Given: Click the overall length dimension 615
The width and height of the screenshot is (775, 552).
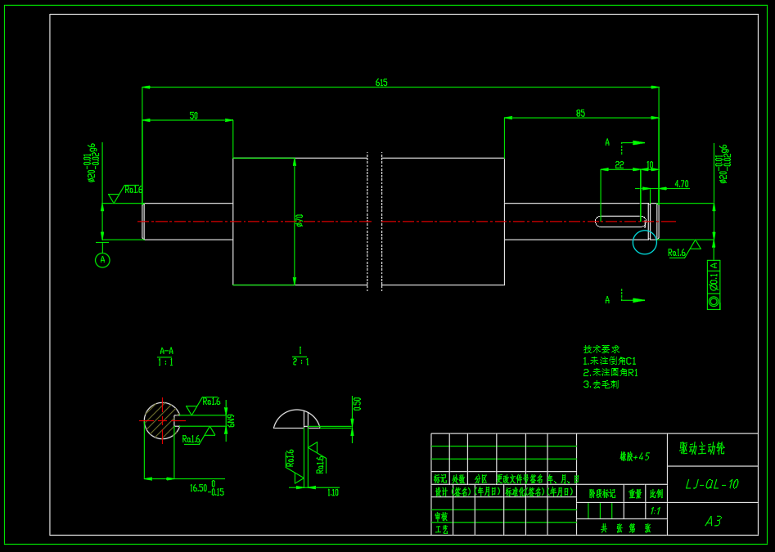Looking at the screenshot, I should pos(381,83).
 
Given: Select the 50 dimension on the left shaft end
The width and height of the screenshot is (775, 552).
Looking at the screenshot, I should pos(193,116).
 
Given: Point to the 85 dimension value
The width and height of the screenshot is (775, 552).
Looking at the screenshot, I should pos(580,114).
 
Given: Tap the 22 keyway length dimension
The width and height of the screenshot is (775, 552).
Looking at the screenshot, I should pos(619,165).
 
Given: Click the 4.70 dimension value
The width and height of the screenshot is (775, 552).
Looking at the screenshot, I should pos(681,184).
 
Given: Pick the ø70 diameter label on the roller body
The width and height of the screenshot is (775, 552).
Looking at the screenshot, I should pos(300,221).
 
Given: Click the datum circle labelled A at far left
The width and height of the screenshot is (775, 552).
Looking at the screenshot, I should pos(102,260).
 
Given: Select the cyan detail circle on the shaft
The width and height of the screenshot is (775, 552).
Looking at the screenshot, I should pos(644,242).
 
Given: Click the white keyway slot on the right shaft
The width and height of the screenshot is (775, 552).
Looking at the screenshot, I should pos(620,221).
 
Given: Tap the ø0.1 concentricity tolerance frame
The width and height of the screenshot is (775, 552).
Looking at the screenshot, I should pos(714,285).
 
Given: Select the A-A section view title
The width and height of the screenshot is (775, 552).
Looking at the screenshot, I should pos(166,351).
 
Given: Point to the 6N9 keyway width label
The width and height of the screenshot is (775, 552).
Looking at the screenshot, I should pos(232,420).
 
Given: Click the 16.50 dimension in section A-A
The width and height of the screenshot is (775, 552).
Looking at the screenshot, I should pos(200,488).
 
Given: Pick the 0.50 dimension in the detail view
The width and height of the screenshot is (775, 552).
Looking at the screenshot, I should pos(357,404).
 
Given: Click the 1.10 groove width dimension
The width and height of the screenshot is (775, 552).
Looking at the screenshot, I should pos(332,492).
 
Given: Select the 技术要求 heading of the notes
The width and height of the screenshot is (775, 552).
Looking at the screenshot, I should pos(602,349).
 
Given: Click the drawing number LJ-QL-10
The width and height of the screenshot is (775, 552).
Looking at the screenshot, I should pos(711,484).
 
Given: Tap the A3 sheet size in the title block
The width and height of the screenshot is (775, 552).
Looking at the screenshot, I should pos(713,521).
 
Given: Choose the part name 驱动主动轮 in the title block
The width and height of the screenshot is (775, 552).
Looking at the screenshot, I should pos(701,448).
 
